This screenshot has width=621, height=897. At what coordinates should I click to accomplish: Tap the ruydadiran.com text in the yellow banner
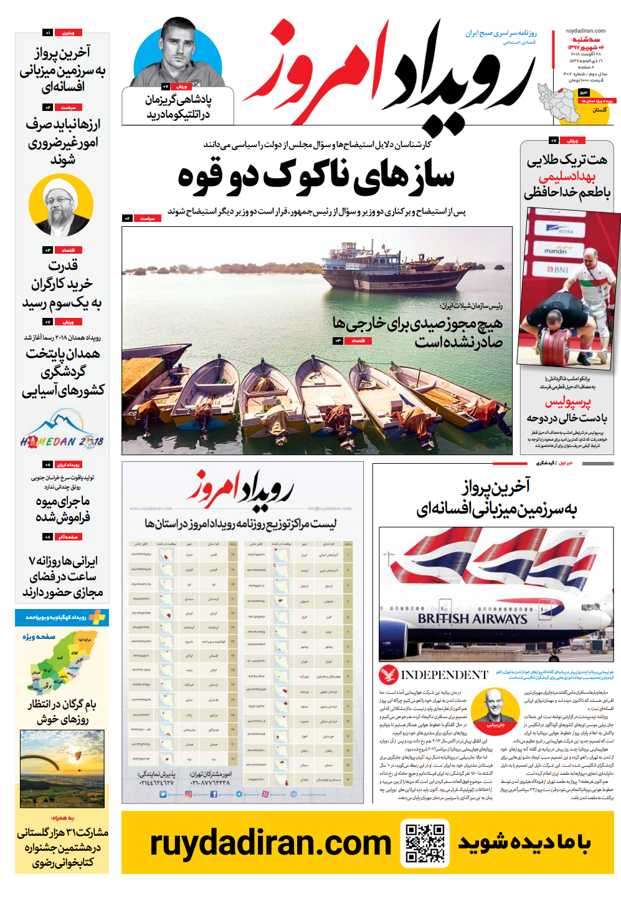point(270,843)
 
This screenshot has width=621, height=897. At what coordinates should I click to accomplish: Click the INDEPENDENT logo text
point(444,675)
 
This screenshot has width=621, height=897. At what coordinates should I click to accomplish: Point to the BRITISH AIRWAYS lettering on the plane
point(472,618)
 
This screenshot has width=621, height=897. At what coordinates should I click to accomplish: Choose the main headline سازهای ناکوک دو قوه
point(316,176)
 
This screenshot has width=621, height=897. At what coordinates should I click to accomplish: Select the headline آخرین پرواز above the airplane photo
point(496,486)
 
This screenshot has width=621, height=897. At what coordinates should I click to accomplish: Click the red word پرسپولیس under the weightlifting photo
point(567,402)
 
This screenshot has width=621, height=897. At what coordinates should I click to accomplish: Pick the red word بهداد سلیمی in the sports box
point(567,176)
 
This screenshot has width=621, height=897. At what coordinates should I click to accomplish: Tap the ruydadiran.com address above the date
point(585,31)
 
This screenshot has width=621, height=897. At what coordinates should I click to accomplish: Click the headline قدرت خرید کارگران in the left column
point(62,275)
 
